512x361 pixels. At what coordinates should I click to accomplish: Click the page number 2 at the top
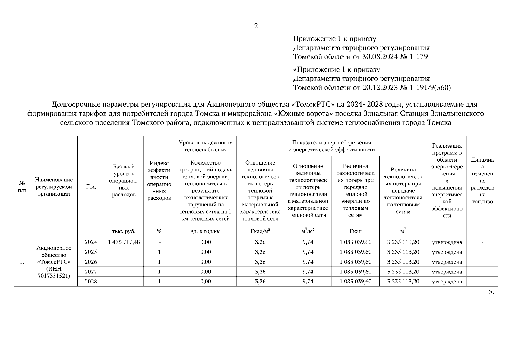click(x=256, y=26)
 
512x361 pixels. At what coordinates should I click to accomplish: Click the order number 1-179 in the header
click(x=417, y=57)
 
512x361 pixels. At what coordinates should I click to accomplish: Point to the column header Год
click(x=91, y=187)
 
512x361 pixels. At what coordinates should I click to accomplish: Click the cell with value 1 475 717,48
click(x=124, y=242)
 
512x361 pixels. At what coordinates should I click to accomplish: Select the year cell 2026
click(x=91, y=262)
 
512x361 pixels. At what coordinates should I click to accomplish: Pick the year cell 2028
click(x=91, y=282)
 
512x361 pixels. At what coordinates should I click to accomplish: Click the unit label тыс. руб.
click(x=124, y=231)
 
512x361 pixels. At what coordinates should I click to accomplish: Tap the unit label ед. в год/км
click(x=205, y=231)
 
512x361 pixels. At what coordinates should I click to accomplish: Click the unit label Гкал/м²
click(x=260, y=231)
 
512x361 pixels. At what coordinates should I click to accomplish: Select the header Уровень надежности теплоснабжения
click(x=205, y=146)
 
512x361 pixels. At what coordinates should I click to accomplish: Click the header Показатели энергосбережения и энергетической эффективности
click(x=331, y=146)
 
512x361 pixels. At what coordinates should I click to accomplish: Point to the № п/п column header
click(x=22, y=187)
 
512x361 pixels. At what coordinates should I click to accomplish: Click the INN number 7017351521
click(x=54, y=276)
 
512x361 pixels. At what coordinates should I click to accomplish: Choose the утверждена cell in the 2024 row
click(x=447, y=242)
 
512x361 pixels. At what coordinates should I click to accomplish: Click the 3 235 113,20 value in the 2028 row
click(x=403, y=282)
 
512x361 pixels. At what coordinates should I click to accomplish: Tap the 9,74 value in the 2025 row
click(x=308, y=252)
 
